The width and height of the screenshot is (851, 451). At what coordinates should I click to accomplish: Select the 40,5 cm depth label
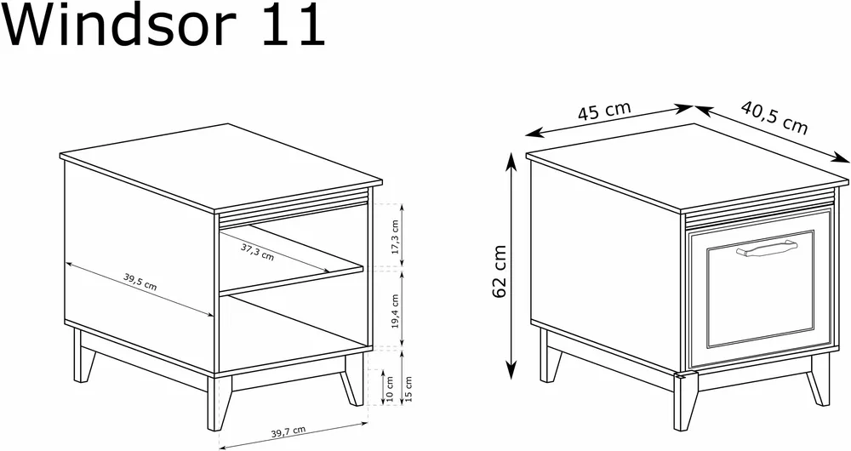click(774, 117)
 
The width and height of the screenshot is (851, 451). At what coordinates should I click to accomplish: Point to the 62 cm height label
click(500, 271)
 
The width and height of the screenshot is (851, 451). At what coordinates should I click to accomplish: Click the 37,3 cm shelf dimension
click(257, 252)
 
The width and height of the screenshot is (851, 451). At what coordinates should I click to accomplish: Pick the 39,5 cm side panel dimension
click(140, 282)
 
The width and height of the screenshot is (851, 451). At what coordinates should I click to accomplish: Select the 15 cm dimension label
click(408, 390)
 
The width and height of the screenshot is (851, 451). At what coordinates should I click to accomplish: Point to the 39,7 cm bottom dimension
click(288, 432)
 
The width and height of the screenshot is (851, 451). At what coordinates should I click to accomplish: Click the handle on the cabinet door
click(767, 248)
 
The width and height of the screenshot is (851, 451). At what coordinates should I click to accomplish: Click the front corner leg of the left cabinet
click(220, 402)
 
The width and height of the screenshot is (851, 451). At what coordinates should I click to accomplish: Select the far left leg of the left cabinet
click(83, 357)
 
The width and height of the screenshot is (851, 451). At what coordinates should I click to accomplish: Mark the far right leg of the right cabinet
click(820, 380)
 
